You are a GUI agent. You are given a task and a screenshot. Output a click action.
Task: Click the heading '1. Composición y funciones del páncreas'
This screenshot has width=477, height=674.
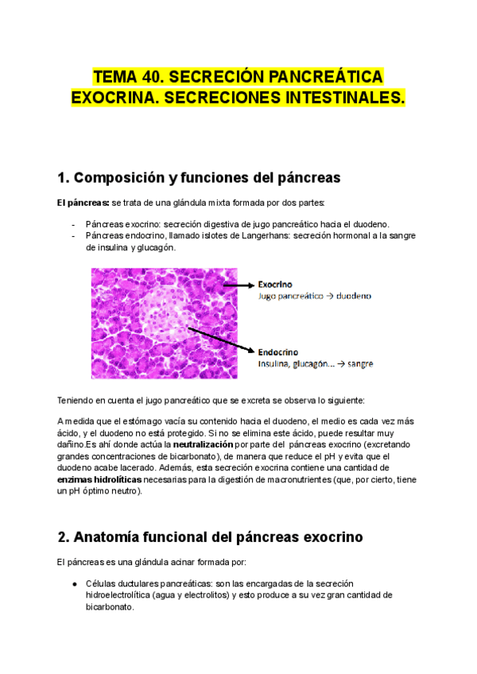tap(199, 176)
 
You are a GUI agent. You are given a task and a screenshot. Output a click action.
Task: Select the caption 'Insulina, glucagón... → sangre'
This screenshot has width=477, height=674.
tap(316, 364)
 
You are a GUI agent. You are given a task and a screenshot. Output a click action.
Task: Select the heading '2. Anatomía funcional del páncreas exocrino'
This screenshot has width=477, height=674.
tap(210, 537)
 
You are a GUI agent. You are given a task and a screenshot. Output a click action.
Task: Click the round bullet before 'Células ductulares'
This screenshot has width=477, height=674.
tap(74, 583)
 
